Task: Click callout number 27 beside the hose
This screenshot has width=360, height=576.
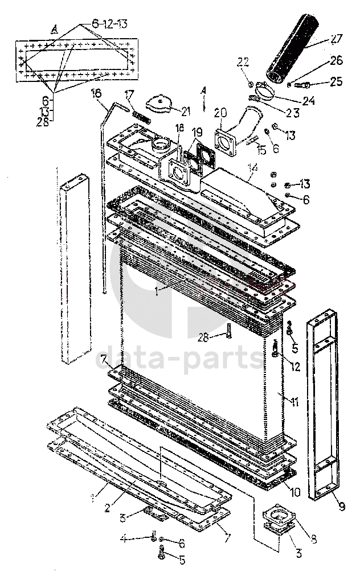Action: tap(336, 40)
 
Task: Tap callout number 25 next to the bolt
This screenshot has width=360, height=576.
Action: tap(336, 81)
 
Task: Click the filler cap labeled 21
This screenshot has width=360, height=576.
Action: tap(159, 104)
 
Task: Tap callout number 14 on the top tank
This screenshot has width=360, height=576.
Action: tap(252, 168)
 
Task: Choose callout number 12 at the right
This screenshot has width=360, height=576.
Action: tap(294, 367)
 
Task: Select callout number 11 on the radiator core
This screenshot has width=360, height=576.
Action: tap(294, 402)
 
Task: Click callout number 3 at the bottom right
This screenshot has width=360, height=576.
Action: tap(298, 552)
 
